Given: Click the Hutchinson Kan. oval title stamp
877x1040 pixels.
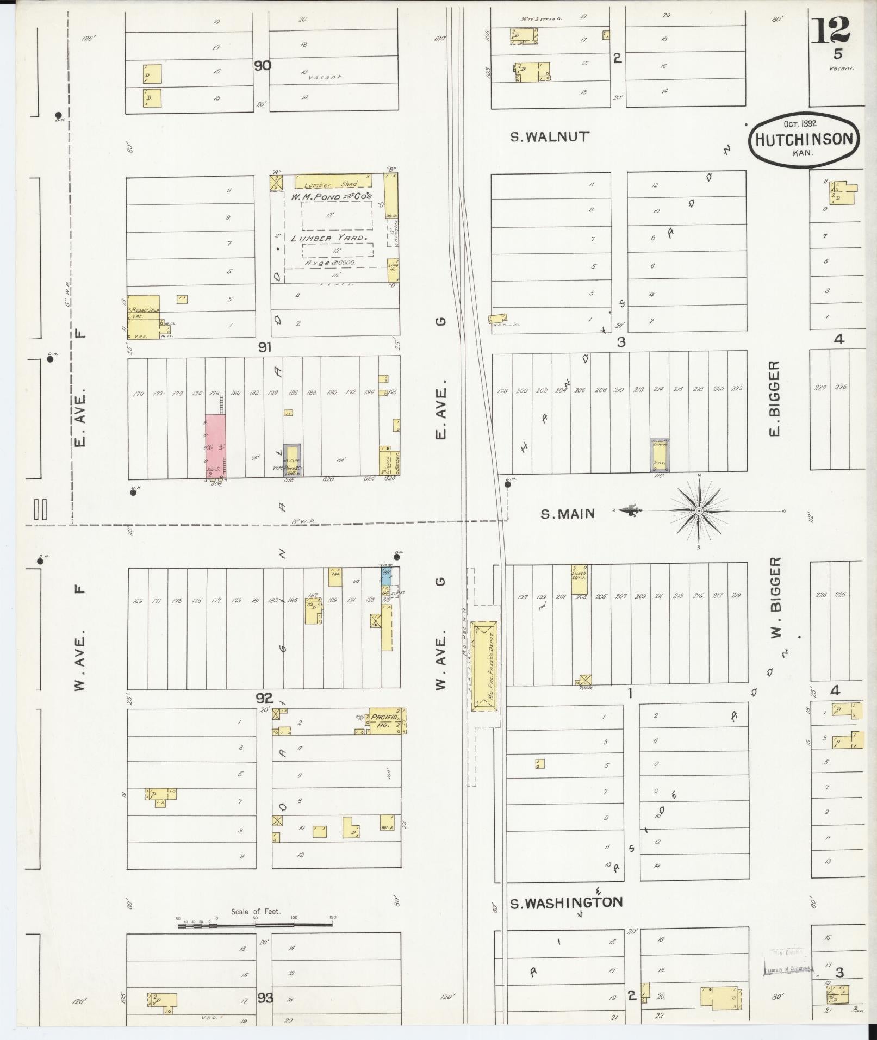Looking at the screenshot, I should tap(804, 140).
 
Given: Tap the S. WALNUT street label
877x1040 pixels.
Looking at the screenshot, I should tap(550, 136).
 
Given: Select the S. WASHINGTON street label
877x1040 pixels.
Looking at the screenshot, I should tap(566, 903).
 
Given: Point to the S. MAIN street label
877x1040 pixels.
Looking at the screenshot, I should tap(568, 513).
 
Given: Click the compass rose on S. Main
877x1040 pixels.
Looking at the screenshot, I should tap(699, 511).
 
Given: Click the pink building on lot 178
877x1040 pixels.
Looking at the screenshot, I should tap(215, 447).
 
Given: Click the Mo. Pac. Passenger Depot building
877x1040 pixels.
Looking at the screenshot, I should tap(484, 668).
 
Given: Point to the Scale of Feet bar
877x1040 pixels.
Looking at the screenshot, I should tap(256, 923).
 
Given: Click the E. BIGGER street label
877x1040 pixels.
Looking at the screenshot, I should tap(774, 398).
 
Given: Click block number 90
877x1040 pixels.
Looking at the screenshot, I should tap(263, 66).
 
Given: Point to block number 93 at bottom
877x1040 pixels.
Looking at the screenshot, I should tap(265, 998).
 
